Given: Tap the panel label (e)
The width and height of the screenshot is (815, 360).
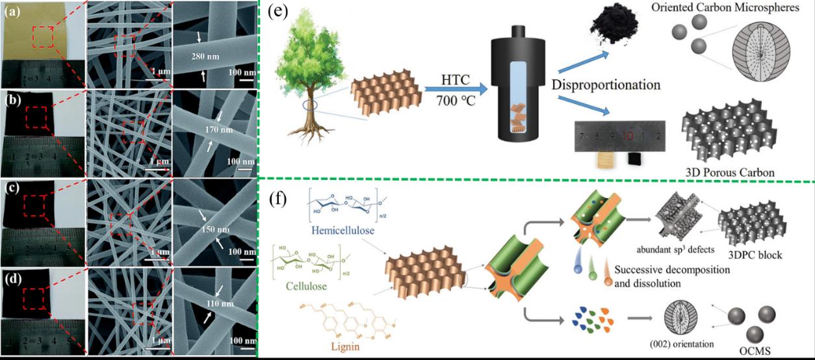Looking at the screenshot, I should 279,15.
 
